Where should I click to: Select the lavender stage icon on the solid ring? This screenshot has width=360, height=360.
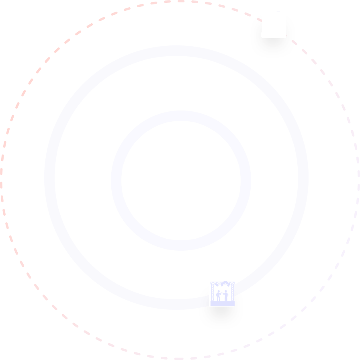tap(222, 294)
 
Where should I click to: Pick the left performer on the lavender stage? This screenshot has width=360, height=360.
tap(219, 295)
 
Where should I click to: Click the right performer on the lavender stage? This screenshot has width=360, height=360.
tap(226, 295)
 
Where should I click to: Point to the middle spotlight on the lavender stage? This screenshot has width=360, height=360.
tap(222, 286)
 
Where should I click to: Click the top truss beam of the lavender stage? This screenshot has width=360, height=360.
tap(222, 282)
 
